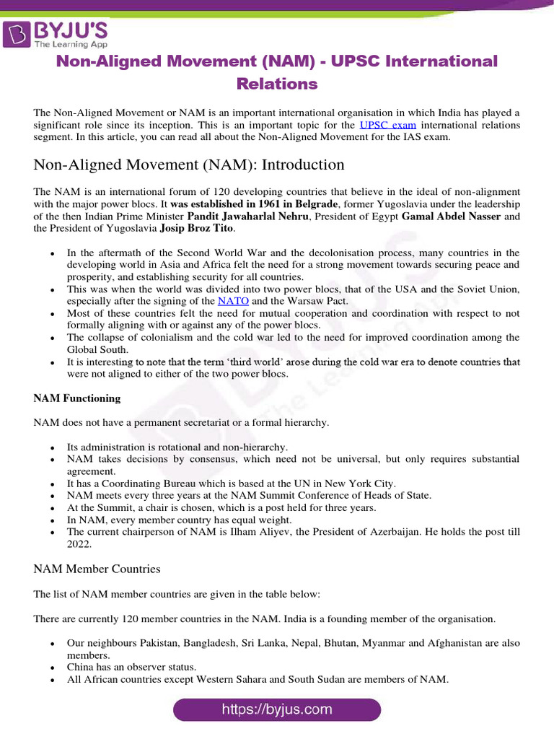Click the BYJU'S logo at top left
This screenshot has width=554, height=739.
point(56,33)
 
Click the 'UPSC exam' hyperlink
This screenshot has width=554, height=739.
point(387,125)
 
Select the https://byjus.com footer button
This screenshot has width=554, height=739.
point(277,709)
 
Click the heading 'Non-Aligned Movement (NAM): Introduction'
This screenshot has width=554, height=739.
point(189,165)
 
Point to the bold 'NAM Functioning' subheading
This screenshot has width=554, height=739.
point(77,398)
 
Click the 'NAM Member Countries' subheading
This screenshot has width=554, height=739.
point(97,569)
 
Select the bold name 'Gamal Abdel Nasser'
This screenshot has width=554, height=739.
point(451,216)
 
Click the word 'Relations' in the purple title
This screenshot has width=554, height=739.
point(277,84)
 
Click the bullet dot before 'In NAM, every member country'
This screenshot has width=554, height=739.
point(52,520)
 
